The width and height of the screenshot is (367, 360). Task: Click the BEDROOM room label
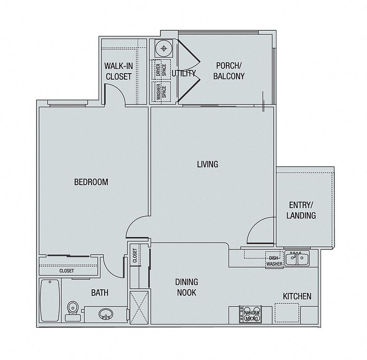click(92, 182)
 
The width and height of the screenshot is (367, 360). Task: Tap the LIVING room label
click(207, 164)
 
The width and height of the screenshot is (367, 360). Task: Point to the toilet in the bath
click(73, 311)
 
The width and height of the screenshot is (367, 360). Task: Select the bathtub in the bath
click(50, 300)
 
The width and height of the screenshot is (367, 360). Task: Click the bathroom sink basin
click(106, 314)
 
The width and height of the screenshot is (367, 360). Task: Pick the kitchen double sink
click(297, 258)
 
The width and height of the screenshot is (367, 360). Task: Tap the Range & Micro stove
click(251, 315)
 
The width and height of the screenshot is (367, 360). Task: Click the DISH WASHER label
click(274, 261)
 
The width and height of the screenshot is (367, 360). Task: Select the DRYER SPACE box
click(161, 70)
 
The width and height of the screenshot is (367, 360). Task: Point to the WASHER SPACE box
click(161, 91)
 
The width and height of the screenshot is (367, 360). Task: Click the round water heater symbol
click(164, 48)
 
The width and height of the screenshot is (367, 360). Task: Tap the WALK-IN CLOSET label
click(119, 71)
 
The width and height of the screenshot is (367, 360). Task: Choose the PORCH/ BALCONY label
click(229, 71)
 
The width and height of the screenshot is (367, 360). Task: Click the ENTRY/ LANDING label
click(301, 210)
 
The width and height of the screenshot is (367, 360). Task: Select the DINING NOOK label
click(186, 287)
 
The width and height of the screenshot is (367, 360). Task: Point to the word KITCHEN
click(297, 296)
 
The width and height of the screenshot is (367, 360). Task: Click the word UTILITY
click(183, 74)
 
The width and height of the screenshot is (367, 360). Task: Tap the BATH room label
click(99, 292)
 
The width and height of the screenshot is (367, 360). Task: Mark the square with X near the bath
click(139, 307)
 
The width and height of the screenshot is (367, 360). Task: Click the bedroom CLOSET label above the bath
click(67, 270)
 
